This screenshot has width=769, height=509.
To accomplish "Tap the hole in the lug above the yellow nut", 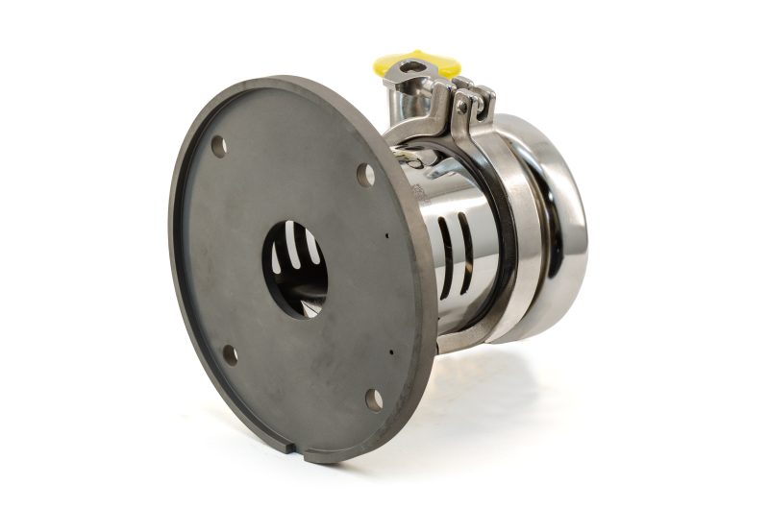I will (x=411, y=66).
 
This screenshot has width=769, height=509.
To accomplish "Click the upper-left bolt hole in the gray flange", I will (x=218, y=146).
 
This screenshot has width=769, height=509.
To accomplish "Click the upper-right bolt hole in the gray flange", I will (x=365, y=175).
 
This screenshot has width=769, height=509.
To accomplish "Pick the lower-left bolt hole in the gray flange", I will (x=230, y=353).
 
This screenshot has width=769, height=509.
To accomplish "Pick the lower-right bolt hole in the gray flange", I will (x=374, y=400).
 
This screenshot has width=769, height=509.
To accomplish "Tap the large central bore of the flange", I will (x=295, y=270).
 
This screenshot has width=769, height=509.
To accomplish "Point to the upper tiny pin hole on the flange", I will (x=386, y=234).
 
